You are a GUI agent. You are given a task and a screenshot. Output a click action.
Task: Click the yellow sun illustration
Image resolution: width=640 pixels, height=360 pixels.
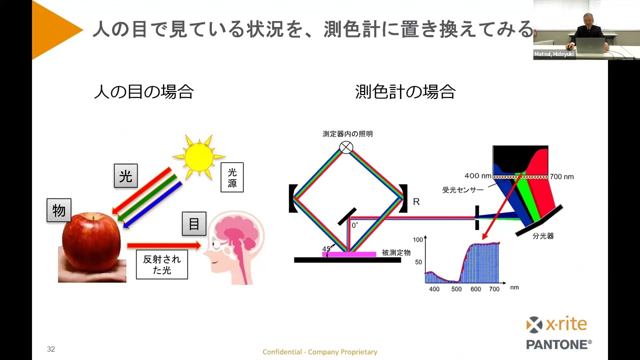pyautogui.click(x=199, y=157)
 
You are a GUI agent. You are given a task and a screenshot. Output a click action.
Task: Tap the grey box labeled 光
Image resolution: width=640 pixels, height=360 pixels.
pyautogui.click(x=125, y=175)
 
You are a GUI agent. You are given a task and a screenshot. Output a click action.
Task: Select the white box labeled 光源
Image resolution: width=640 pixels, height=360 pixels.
pyautogui.click(x=232, y=177)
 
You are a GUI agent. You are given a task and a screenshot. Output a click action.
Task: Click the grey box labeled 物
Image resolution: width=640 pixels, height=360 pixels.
pyautogui.click(x=59, y=210)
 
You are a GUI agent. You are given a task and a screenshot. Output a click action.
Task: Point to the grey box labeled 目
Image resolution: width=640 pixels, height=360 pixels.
pyautogui.click(x=194, y=223)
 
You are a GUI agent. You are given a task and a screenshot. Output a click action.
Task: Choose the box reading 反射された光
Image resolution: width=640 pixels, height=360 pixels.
pyautogui.click(x=162, y=264)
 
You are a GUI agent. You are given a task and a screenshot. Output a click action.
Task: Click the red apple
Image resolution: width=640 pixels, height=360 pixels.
pyautogui.click(x=91, y=241)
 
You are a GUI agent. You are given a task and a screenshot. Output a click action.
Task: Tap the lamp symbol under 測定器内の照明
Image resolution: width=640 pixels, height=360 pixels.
pyautogui.click(x=346, y=147)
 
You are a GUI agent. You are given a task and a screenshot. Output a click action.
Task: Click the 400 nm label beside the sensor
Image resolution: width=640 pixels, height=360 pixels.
pyautogui.click(x=477, y=175)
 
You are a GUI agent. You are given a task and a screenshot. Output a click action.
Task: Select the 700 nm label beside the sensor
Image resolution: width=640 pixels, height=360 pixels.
pyautogui.click(x=561, y=177)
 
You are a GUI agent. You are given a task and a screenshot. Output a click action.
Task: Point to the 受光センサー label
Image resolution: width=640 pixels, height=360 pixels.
pyautogui.click(x=463, y=190)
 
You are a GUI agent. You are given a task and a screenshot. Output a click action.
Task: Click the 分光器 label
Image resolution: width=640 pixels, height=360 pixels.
pyautogui.click(x=543, y=236)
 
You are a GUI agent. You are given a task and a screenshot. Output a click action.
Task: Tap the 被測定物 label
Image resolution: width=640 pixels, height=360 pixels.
pyautogui.click(x=396, y=252)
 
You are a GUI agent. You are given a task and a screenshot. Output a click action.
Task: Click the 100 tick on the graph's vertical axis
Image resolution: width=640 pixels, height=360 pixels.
pyautogui.click(x=417, y=239)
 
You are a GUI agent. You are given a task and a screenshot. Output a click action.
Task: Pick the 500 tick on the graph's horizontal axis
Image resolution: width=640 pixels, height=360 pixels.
pyautogui.click(x=456, y=289)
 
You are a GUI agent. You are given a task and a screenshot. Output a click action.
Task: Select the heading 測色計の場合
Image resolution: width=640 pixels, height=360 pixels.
pyautogui.click(x=405, y=91)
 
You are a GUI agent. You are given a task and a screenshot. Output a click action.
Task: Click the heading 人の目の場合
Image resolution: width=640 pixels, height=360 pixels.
pyautogui.click(x=143, y=91)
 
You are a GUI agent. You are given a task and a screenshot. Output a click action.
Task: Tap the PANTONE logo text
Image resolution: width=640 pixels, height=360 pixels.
pyautogui.click(x=559, y=344)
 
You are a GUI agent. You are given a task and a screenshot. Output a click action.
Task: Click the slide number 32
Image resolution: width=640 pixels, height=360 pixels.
pyautogui.click(x=51, y=349)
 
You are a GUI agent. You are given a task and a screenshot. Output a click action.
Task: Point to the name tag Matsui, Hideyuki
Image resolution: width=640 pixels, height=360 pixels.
pyautogui.click(x=554, y=54)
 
